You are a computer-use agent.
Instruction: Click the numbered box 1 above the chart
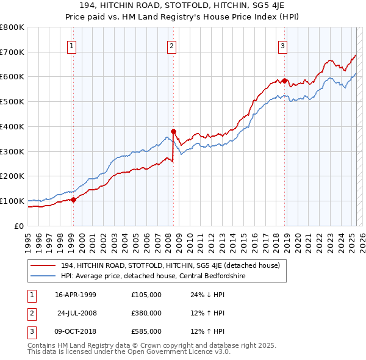(72, 46)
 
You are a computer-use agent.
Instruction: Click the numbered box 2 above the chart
(172, 46)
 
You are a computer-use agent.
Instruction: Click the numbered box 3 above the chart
(283, 46)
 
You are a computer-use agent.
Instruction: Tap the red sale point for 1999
(73, 199)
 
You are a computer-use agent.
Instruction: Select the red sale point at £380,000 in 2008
(173, 131)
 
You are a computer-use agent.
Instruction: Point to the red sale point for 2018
(284, 81)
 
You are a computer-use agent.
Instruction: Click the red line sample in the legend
(44, 265)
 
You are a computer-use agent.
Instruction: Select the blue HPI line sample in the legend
(44, 276)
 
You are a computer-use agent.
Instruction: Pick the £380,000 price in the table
(146, 313)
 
